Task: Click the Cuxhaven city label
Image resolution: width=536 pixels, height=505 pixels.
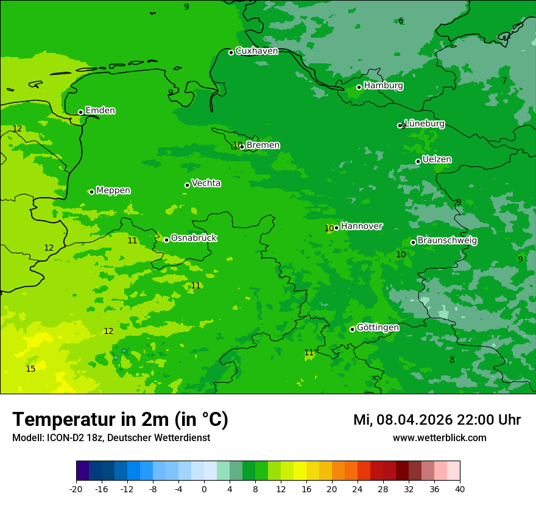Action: tap(256, 51)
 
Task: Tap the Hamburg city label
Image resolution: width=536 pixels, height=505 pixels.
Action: tap(383, 86)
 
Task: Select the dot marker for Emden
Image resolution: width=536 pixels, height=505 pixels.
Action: tap(80, 112)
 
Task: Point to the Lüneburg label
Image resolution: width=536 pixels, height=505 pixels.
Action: tap(425, 124)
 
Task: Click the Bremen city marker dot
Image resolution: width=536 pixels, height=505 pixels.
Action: tap(242, 147)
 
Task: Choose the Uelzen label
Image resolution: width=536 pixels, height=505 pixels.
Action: tap(437, 159)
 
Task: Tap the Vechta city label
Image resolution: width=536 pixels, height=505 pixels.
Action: tap(206, 183)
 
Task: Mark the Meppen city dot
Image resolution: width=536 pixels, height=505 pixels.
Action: tap(91, 192)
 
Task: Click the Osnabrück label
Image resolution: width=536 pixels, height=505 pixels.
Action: tap(194, 238)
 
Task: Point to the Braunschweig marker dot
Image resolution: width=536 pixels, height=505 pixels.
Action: tap(413, 242)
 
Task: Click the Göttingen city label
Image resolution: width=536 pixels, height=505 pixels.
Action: tap(378, 327)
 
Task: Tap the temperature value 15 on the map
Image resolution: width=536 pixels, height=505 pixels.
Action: tap(30, 369)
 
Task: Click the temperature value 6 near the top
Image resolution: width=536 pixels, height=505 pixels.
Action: tap(401, 21)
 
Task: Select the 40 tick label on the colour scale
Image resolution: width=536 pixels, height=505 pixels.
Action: tap(460, 489)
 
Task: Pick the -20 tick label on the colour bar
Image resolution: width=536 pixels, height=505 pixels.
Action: tap(76, 489)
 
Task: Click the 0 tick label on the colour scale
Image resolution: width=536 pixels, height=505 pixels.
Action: tap(204, 489)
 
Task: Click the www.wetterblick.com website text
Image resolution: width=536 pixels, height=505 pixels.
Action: tap(439, 437)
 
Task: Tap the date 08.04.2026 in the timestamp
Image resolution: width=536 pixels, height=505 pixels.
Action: tap(412, 420)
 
